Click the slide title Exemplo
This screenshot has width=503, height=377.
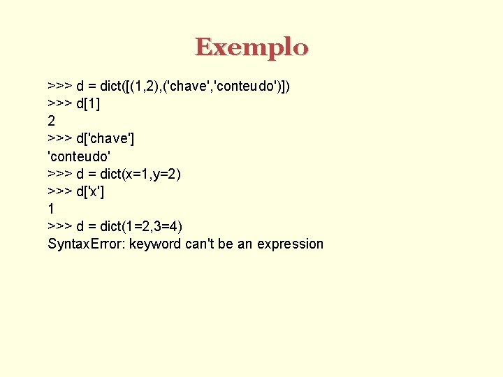(251, 47)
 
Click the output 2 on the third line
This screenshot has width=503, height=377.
(52, 121)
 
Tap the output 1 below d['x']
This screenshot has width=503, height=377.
(51, 209)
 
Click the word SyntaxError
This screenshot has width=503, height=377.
(86, 244)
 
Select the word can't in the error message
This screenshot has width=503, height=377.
(201, 244)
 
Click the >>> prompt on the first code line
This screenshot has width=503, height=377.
(59, 86)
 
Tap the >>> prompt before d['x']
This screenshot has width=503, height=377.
(59, 191)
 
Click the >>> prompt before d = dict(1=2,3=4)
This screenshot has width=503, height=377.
(59, 226)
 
